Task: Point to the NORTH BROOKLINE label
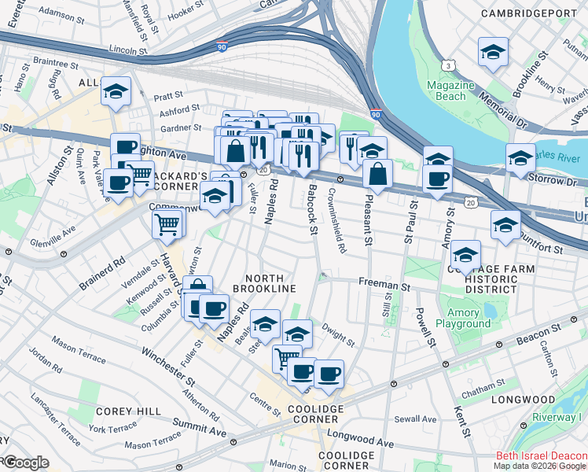coord(270,283)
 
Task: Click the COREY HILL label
coord(128,411)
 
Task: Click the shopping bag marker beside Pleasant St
coord(378,174)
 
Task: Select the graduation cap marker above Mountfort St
coord(505,225)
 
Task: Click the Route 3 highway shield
coord(447,64)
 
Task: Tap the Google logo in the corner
coord(25,463)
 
